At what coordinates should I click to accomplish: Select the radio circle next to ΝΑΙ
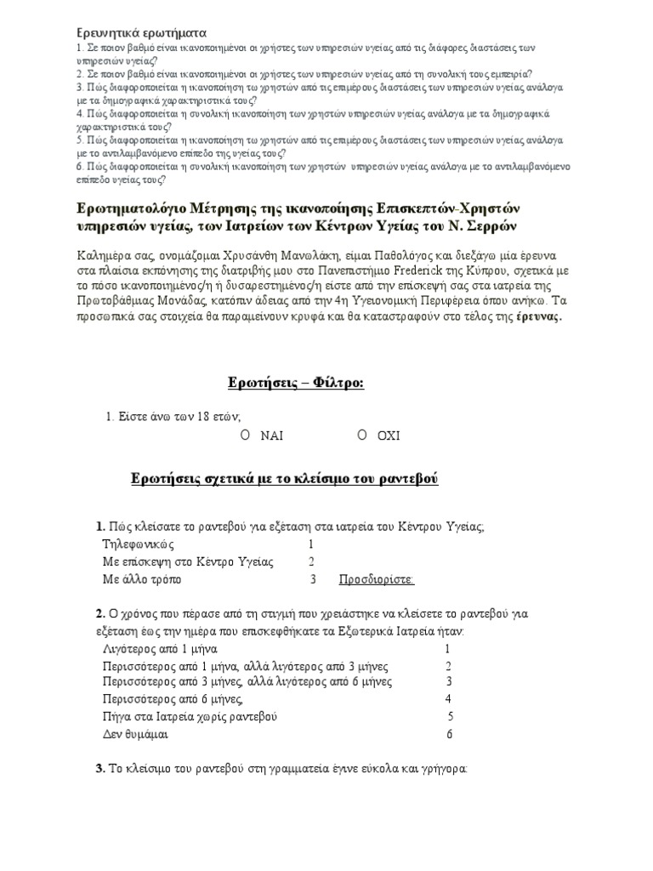[244, 435]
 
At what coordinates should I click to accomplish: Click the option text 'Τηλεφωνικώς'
[139, 544]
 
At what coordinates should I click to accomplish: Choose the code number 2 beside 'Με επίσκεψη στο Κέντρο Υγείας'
[312, 561]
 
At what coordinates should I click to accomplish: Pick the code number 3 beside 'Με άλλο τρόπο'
[314, 580]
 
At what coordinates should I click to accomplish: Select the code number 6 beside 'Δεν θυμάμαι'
[450, 734]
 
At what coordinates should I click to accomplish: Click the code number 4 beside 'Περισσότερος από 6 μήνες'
[448, 699]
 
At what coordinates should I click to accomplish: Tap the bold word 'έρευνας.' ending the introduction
[537, 316]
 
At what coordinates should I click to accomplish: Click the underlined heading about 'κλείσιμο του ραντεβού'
[284, 480]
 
